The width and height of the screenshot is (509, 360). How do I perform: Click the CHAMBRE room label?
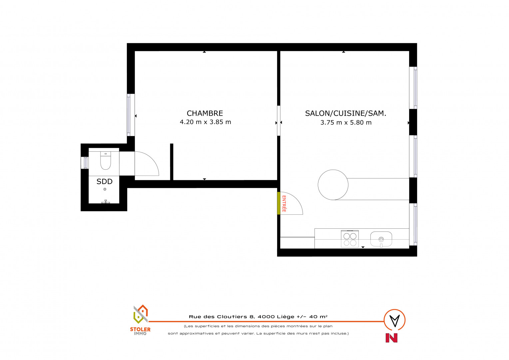pos(205,113)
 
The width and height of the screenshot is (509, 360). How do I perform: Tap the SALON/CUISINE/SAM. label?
pos(345,113)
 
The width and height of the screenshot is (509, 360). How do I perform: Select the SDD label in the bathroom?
pos(105,181)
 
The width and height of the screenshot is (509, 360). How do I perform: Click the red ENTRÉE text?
pos(284,204)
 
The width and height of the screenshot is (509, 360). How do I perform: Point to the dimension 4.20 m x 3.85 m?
pos(206,122)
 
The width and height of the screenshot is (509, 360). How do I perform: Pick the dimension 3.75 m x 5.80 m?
pos(346,123)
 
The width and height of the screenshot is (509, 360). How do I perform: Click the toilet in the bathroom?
pos(106,161)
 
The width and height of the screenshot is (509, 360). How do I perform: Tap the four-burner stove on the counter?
pos(350,239)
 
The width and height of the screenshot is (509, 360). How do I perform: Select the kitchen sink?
pos(381,239)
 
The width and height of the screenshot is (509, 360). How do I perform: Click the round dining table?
pos(333,185)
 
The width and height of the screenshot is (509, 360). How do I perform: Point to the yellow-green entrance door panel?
pos(278,203)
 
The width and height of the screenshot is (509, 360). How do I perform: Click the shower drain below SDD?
pos(105,189)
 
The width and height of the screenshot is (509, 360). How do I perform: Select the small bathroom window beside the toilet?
pos(85,163)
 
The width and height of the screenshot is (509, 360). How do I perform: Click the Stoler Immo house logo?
pos(141,314)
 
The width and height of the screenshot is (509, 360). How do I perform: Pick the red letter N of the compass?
pos(391,338)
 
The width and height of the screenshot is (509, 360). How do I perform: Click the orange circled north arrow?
pos(394,320)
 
